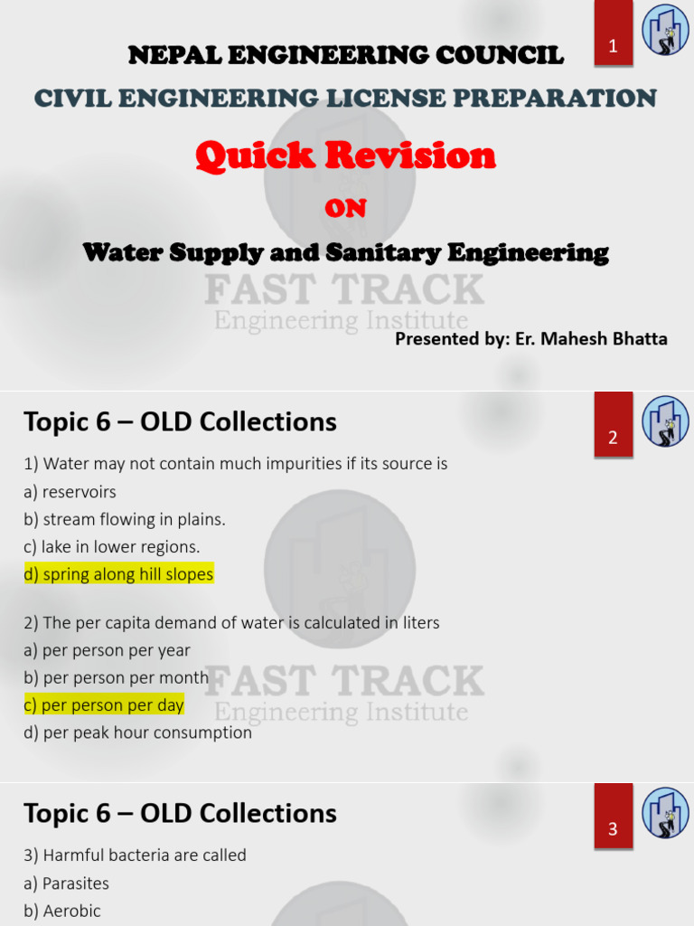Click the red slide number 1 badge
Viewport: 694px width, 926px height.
point(613,45)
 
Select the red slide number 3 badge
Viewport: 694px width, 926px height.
point(613,827)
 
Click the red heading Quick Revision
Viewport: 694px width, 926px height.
point(345,156)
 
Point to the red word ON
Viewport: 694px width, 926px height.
point(345,208)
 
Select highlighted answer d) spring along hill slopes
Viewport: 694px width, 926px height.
point(118,574)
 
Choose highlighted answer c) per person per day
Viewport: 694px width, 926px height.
point(104,704)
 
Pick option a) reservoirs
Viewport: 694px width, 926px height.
point(70,492)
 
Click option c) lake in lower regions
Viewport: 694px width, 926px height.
point(112,546)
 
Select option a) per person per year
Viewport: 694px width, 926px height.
point(108,650)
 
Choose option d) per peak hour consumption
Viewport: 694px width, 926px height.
point(137,732)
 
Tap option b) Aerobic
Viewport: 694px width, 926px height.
point(62,911)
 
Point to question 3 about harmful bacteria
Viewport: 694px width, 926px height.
point(135,855)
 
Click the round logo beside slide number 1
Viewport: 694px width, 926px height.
point(665,30)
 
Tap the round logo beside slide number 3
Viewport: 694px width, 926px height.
point(665,812)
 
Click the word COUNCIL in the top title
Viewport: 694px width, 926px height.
point(504,55)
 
